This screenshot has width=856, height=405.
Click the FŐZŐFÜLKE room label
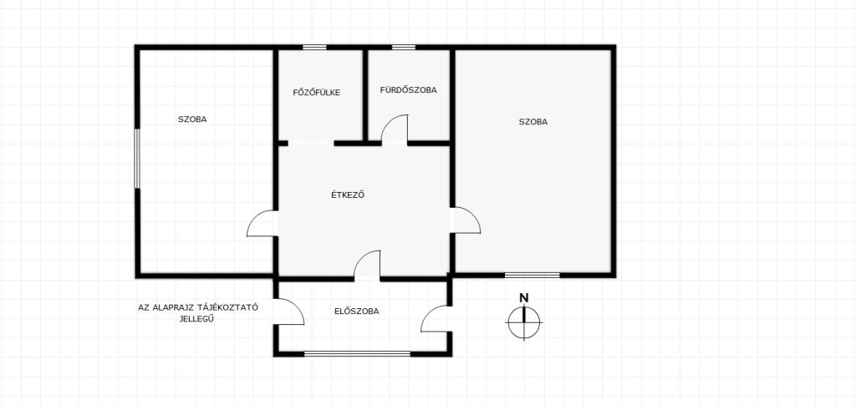pyautogui.click(x=317, y=93)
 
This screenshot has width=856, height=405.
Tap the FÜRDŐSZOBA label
pyautogui.click(x=408, y=90)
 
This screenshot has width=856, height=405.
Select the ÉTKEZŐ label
pyautogui.click(x=348, y=195)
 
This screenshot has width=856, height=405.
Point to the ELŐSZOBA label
pyautogui.click(x=356, y=311)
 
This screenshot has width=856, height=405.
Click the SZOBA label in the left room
pyautogui.click(x=192, y=119)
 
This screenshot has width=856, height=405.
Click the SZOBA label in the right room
pyautogui.click(x=532, y=122)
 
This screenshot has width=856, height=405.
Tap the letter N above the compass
pyautogui.click(x=524, y=297)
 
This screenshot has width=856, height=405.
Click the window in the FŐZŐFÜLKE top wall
pyautogui.click(x=314, y=48)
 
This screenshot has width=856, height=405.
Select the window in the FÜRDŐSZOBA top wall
pyautogui.click(x=404, y=48)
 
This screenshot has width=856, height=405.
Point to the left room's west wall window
pyautogui.click(x=137, y=159)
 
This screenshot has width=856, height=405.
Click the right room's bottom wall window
pyautogui.click(x=532, y=275)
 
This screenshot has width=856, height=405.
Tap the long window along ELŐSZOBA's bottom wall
pyautogui.click(x=357, y=354)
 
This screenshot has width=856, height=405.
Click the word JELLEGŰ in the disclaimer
pyautogui.click(x=196, y=320)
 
